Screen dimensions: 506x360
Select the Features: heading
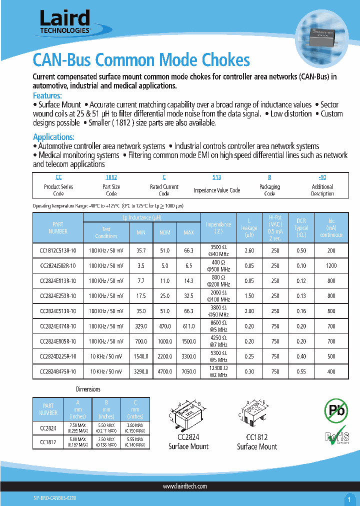pos(47,95)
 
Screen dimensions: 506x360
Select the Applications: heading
pos(53,137)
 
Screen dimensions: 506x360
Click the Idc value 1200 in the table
pos(331,265)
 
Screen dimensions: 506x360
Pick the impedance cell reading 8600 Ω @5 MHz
pos(218,326)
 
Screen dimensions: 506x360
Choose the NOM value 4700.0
pos(165,371)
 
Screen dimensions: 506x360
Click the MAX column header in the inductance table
pos(188,232)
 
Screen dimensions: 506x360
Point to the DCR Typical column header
pos(301,227)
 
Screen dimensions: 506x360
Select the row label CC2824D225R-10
pos(57,356)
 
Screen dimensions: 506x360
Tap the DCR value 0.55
pos(301,371)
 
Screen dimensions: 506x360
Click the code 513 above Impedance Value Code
pos(216,177)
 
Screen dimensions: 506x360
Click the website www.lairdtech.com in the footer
pos(185,486)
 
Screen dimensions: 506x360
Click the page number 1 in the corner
pos(348,498)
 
